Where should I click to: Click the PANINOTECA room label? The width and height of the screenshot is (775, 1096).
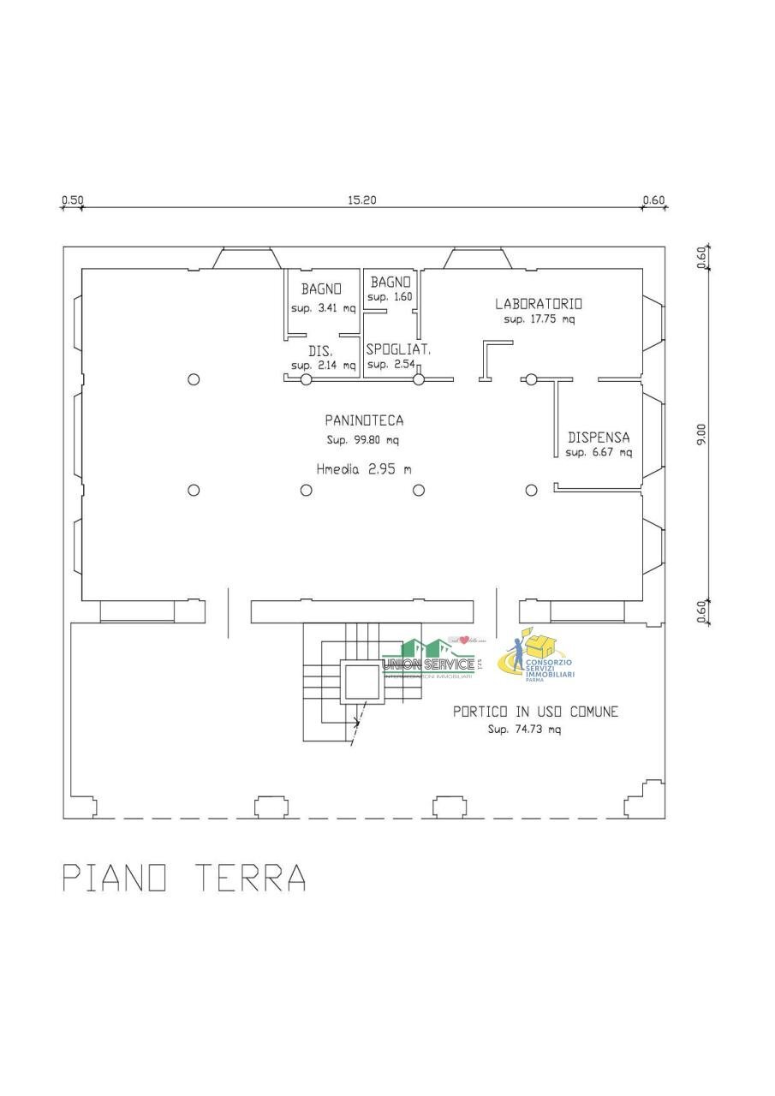(x=364, y=420)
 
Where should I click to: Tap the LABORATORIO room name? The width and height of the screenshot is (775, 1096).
(x=539, y=303)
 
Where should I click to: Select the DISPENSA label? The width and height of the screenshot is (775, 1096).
(x=599, y=436)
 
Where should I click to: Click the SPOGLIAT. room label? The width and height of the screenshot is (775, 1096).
(x=398, y=349)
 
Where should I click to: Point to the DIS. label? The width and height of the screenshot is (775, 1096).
(x=320, y=351)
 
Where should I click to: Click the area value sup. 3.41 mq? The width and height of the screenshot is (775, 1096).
(x=323, y=308)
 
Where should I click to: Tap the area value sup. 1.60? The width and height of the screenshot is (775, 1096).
(x=390, y=297)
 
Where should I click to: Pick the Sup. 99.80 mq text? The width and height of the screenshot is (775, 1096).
(x=363, y=440)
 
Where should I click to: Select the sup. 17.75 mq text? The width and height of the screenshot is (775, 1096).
(x=540, y=319)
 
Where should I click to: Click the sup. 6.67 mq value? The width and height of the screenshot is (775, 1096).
(x=599, y=452)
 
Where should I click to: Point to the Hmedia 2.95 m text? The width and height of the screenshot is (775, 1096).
(x=364, y=468)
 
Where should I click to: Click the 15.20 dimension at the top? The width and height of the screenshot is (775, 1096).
(x=362, y=200)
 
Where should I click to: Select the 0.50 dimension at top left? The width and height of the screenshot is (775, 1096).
(x=72, y=200)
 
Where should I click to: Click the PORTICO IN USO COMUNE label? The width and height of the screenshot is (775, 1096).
(x=535, y=712)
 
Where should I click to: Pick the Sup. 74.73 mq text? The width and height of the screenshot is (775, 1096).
(x=524, y=730)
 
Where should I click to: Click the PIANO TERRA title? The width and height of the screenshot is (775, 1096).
(x=185, y=879)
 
